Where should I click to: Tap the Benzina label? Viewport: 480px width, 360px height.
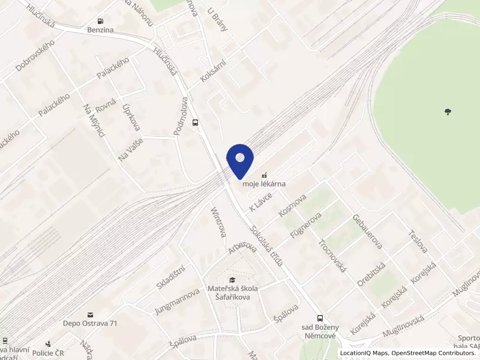coord(100,29)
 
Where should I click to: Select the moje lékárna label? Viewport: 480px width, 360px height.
coord(264,184)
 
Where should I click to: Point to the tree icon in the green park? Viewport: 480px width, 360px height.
coord(447,111)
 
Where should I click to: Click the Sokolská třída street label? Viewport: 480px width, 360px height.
coord(268,246)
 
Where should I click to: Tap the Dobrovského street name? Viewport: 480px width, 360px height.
coord(35,56)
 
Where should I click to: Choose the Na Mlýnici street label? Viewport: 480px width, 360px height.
coord(94,121)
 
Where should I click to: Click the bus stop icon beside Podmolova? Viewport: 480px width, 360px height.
coord(195,122)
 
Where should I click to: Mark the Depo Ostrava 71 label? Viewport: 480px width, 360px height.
coord(90,323)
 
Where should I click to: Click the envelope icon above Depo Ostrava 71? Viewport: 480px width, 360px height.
coord(90,314)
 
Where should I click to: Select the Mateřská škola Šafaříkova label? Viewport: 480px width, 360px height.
coord(232,293)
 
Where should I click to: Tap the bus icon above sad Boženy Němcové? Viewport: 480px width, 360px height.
coord(320,319)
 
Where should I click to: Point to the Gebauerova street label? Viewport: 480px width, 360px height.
coord(367,231)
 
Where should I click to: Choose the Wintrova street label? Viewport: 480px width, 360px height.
coord(218,222)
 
